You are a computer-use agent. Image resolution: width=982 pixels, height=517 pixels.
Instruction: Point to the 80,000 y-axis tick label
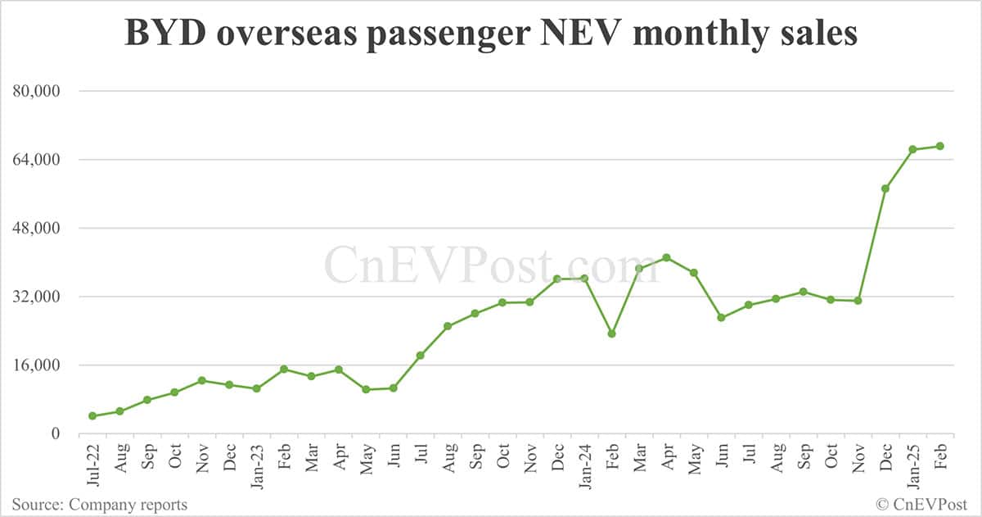point(38,91)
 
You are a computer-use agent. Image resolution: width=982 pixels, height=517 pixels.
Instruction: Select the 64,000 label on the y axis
point(38,160)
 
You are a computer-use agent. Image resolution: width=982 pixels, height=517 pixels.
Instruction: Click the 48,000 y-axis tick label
point(38,229)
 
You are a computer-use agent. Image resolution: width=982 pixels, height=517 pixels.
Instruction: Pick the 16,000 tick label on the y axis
point(38,365)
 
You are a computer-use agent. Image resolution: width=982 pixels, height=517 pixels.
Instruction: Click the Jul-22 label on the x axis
point(92,465)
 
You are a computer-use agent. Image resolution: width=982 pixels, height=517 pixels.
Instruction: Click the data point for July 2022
point(92,416)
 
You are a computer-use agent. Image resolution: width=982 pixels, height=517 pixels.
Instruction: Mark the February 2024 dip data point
point(611,333)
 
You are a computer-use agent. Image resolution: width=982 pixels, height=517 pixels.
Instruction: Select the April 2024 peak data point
point(667,257)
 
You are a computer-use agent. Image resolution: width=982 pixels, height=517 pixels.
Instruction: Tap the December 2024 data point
point(885,188)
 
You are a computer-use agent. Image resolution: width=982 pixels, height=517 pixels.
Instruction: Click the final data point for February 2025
point(940,146)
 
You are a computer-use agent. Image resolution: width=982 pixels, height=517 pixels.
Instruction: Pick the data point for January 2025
point(912,149)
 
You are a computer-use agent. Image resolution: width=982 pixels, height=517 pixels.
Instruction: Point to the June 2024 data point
point(721,318)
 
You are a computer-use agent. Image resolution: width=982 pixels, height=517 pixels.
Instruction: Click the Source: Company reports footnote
point(100,505)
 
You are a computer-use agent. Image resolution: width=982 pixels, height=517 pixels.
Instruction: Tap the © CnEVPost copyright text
point(922,505)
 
